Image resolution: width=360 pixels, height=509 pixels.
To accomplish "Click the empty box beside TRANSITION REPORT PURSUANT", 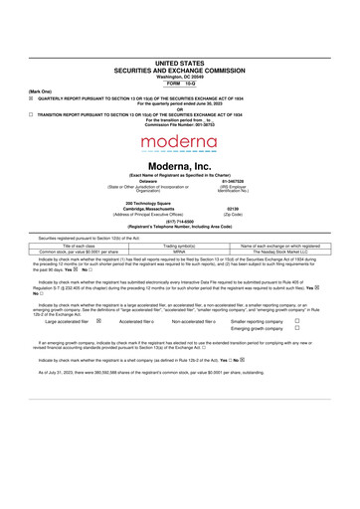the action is click(x=31, y=114).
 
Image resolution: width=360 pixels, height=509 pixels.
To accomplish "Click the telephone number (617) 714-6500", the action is click(x=180, y=222).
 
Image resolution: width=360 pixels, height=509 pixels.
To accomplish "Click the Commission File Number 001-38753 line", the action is click(x=180, y=125).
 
